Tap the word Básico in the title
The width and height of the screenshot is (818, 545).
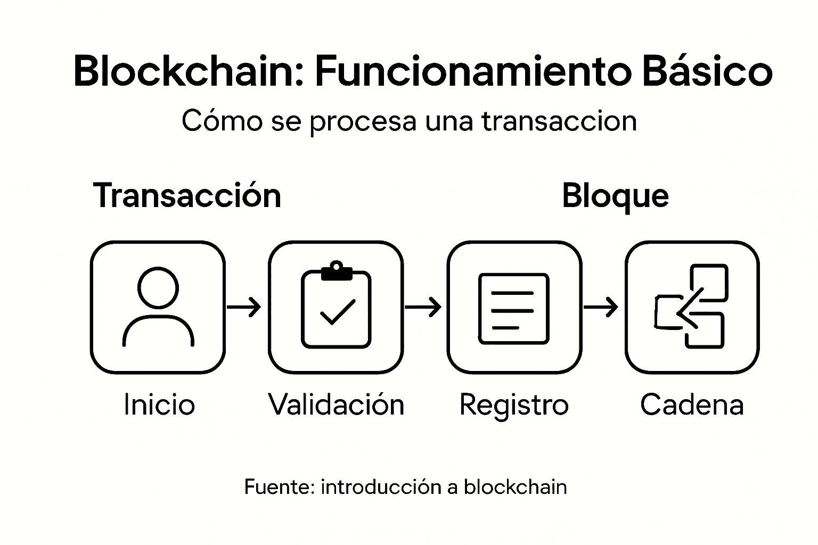707,71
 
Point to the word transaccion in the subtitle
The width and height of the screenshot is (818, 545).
559,121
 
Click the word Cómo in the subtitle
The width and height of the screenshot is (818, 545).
222,121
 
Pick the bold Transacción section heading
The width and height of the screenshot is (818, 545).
186,195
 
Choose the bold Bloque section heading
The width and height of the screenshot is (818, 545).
615,196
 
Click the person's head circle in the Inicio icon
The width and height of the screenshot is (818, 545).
158,287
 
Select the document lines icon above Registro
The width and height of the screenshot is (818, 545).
513,308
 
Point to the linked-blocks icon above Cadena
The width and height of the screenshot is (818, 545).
691,307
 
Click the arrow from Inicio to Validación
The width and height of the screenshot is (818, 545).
244,307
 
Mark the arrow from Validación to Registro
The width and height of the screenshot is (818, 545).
423,307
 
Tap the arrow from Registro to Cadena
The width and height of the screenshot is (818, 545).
601,307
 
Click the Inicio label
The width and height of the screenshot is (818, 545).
159,404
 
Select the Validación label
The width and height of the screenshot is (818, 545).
336,404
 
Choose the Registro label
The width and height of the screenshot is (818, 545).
514,405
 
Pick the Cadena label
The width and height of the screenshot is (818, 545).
691,404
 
